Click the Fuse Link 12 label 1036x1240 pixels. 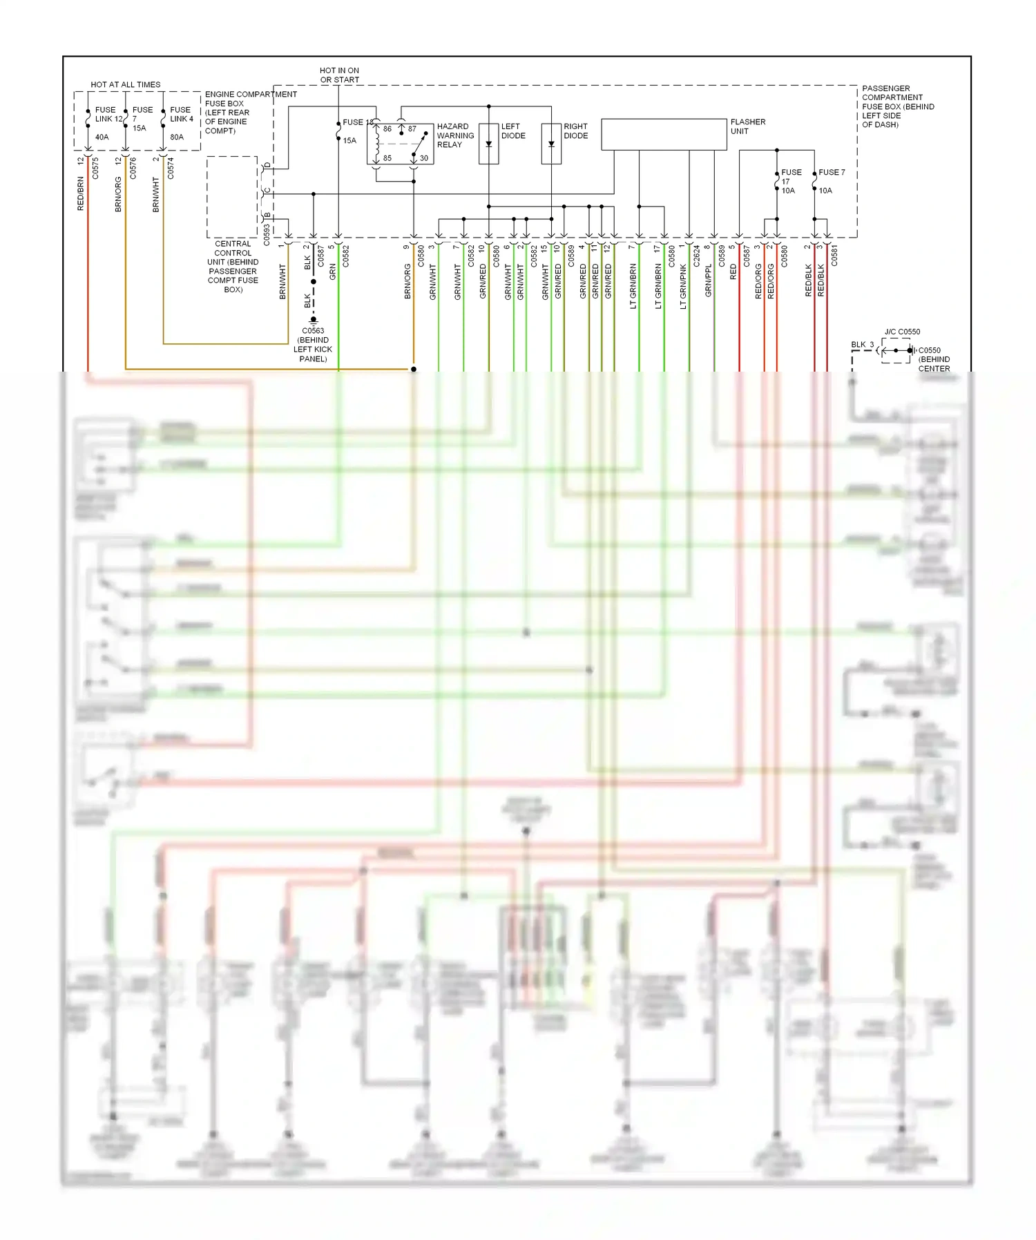(x=108, y=115)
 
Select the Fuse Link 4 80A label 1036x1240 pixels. (x=181, y=122)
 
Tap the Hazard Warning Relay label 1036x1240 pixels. (x=455, y=135)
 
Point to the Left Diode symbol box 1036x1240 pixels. (x=489, y=143)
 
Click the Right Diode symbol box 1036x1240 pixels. (x=551, y=143)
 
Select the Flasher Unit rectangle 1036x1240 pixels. (x=664, y=134)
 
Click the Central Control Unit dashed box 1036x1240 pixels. (x=232, y=197)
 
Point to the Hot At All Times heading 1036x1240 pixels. (x=126, y=85)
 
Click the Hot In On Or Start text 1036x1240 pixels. (x=339, y=75)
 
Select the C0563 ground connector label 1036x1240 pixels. (x=313, y=344)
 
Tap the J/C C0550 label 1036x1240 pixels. (x=902, y=332)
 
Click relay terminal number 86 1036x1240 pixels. (x=387, y=129)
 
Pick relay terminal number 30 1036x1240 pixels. (x=423, y=158)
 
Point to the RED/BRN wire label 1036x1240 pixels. (x=81, y=193)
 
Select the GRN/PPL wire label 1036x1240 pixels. (x=709, y=281)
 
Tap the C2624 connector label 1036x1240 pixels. (x=696, y=256)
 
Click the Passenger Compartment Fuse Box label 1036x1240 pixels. (x=897, y=106)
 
